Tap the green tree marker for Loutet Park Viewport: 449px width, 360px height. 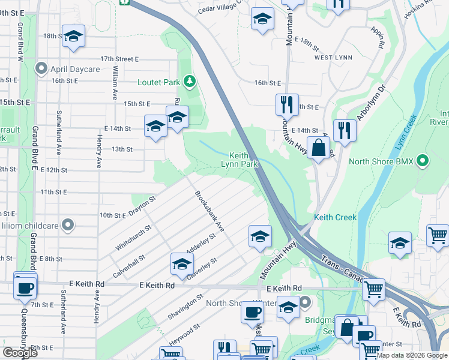(190, 80)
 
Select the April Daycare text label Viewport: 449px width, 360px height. (76, 69)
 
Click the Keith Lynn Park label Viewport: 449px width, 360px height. (239, 159)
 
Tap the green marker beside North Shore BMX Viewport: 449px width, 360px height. (423, 160)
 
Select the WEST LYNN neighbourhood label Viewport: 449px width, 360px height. (331, 58)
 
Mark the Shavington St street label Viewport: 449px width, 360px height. (186, 307)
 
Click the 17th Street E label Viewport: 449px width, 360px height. (119, 59)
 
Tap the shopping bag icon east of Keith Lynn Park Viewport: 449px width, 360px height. (321, 147)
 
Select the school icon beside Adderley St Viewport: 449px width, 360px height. (182, 263)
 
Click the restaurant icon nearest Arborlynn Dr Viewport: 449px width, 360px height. (345, 130)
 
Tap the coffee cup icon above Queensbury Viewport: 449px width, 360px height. (25, 287)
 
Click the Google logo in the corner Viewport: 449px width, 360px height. (20, 353)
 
